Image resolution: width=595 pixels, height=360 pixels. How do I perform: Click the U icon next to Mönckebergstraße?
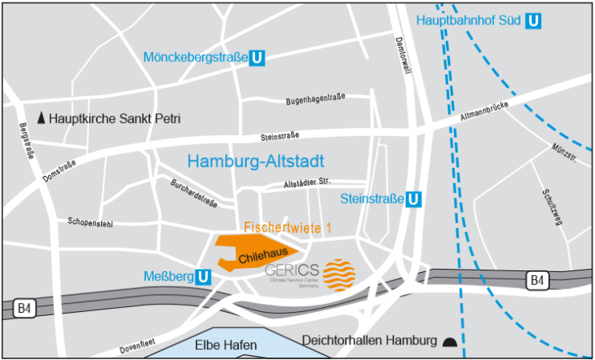click(x=257, y=58)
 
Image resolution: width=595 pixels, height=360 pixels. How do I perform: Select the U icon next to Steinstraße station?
click(x=414, y=199)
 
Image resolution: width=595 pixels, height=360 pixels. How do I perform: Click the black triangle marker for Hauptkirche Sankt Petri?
click(x=42, y=118)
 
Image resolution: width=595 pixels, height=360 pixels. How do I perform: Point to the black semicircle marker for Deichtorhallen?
click(x=451, y=340)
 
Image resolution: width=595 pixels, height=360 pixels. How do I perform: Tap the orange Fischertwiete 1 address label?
click(x=288, y=229)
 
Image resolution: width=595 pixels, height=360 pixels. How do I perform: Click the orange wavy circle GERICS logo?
click(x=339, y=275)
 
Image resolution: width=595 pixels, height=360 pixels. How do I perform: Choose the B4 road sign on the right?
click(x=535, y=281)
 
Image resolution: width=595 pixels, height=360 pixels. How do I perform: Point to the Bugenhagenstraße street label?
click(x=315, y=100)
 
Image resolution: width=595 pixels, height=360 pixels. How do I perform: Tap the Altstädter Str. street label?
click(x=306, y=183)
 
